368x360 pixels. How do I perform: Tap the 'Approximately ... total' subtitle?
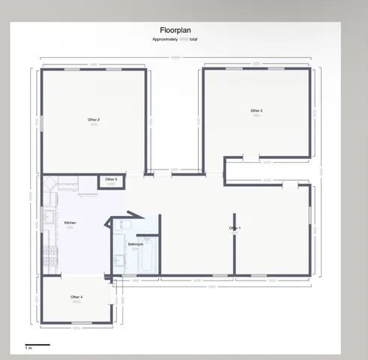[175, 39]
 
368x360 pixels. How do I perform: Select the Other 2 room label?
[94, 120]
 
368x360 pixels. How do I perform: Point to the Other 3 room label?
[256, 111]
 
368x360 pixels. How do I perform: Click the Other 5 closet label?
[111, 180]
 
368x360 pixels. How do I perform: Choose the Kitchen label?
[70, 223]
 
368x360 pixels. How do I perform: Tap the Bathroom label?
[136, 244]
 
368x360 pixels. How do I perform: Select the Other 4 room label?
[76, 298]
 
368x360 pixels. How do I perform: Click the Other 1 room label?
[235, 228]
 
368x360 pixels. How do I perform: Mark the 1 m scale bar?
[37, 345]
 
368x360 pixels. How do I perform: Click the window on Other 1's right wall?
[309, 214]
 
